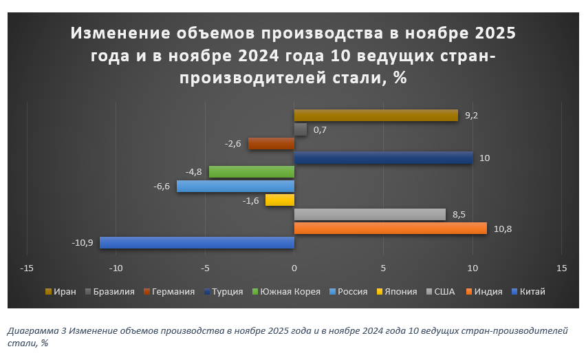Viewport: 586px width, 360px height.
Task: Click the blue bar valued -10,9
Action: coord(197,242)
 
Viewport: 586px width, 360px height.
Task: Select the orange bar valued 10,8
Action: coord(390,228)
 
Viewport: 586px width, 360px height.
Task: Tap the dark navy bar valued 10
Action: coord(383,158)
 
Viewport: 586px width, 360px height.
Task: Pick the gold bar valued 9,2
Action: coord(376,115)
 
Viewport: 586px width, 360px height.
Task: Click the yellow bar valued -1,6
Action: coord(280,200)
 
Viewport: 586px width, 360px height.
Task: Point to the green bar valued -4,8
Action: coord(251,171)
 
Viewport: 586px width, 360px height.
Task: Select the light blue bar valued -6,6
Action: coord(235,186)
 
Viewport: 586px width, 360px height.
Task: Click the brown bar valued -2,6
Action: coord(271,143)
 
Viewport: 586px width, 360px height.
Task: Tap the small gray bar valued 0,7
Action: coord(301,129)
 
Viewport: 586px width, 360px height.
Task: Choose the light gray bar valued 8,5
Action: coord(370,214)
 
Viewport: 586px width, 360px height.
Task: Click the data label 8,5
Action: coord(459,215)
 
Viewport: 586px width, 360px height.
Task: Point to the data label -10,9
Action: coord(83,243)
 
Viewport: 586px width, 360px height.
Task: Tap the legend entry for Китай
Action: coord(532,291)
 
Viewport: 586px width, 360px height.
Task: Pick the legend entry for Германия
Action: coord(172,291)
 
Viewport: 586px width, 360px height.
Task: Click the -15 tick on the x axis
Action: coord(28,267)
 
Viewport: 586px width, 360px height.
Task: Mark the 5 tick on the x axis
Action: coord(383,267)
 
